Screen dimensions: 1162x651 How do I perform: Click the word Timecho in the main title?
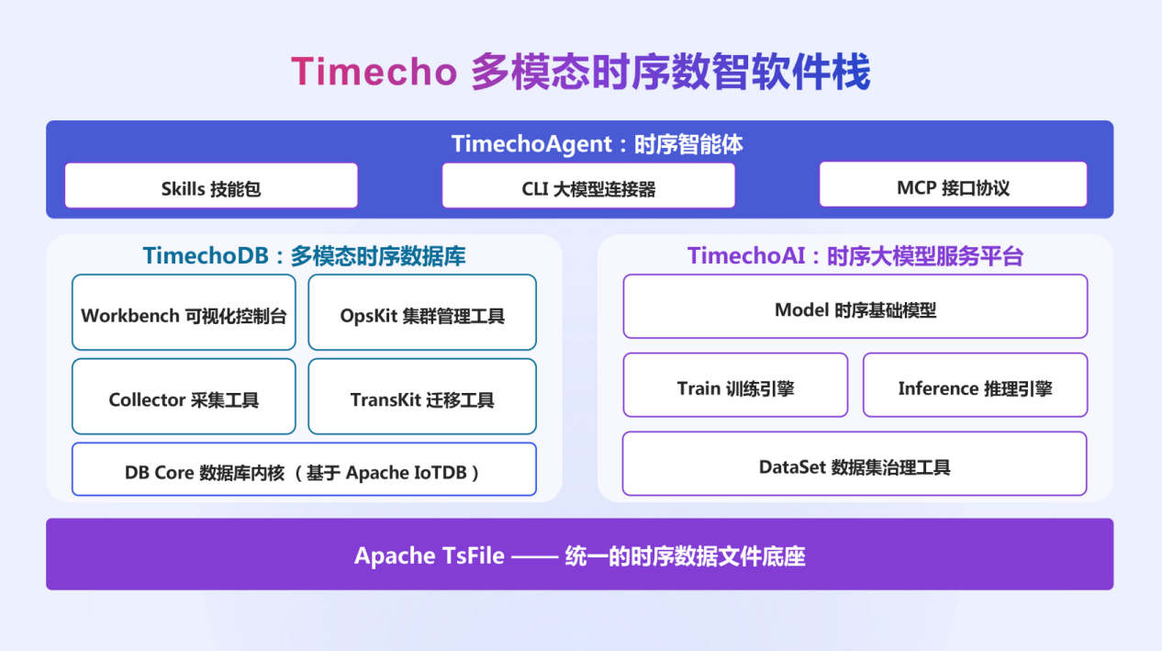[374, 71]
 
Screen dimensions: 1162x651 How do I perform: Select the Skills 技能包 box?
[211, 185]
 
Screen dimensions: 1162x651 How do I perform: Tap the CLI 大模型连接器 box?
[588, 185]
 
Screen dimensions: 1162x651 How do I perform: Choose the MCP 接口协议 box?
[953, 185]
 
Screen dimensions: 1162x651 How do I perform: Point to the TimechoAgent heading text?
[598, 144]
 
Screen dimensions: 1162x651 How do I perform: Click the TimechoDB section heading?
[304, 255]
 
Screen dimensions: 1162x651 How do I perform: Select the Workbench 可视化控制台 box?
[184, 312]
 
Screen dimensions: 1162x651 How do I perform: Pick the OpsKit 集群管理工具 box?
[422, 312]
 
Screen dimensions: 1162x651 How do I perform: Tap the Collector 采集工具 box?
[184, 396]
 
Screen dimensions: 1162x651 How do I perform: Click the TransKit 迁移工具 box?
[422, 396]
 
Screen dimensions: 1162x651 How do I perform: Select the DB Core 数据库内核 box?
[304, 469]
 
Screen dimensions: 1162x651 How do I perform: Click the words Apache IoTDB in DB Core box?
[407, 473]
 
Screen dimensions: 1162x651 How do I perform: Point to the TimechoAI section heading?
[855, 255]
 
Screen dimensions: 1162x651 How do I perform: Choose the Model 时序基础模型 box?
[855, 307]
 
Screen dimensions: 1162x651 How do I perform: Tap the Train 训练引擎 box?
[735, 385]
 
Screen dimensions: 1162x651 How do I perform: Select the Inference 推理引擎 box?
[976, 385]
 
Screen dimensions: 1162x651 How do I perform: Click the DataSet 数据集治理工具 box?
[855, 464]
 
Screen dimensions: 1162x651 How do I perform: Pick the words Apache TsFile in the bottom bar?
[429, 556]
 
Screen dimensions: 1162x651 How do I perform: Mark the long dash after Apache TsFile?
[535, 556]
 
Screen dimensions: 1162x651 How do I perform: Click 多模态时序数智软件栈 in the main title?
[671, 71]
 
